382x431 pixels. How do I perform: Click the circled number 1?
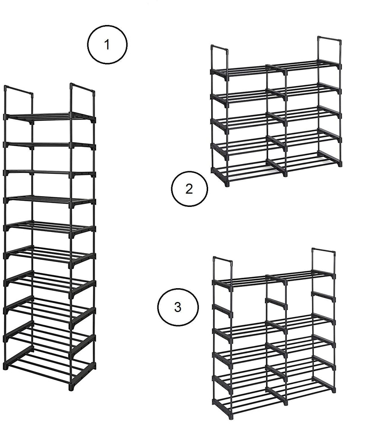pyautogui.click(x=107, y=44)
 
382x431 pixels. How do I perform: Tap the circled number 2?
pyautogui.click(x=190, y=189)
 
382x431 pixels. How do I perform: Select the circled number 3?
pyautogui.click(x=178, y=307)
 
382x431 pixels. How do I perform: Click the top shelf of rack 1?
pyautogui.click(x=50, y=117)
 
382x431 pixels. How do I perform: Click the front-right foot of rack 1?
pyautogui.click(x=72, y=388)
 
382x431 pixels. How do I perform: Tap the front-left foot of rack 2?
pyautogui.click(x=226, y=184)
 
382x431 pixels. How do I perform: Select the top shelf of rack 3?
pyautogui.click(x=274, y=279)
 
